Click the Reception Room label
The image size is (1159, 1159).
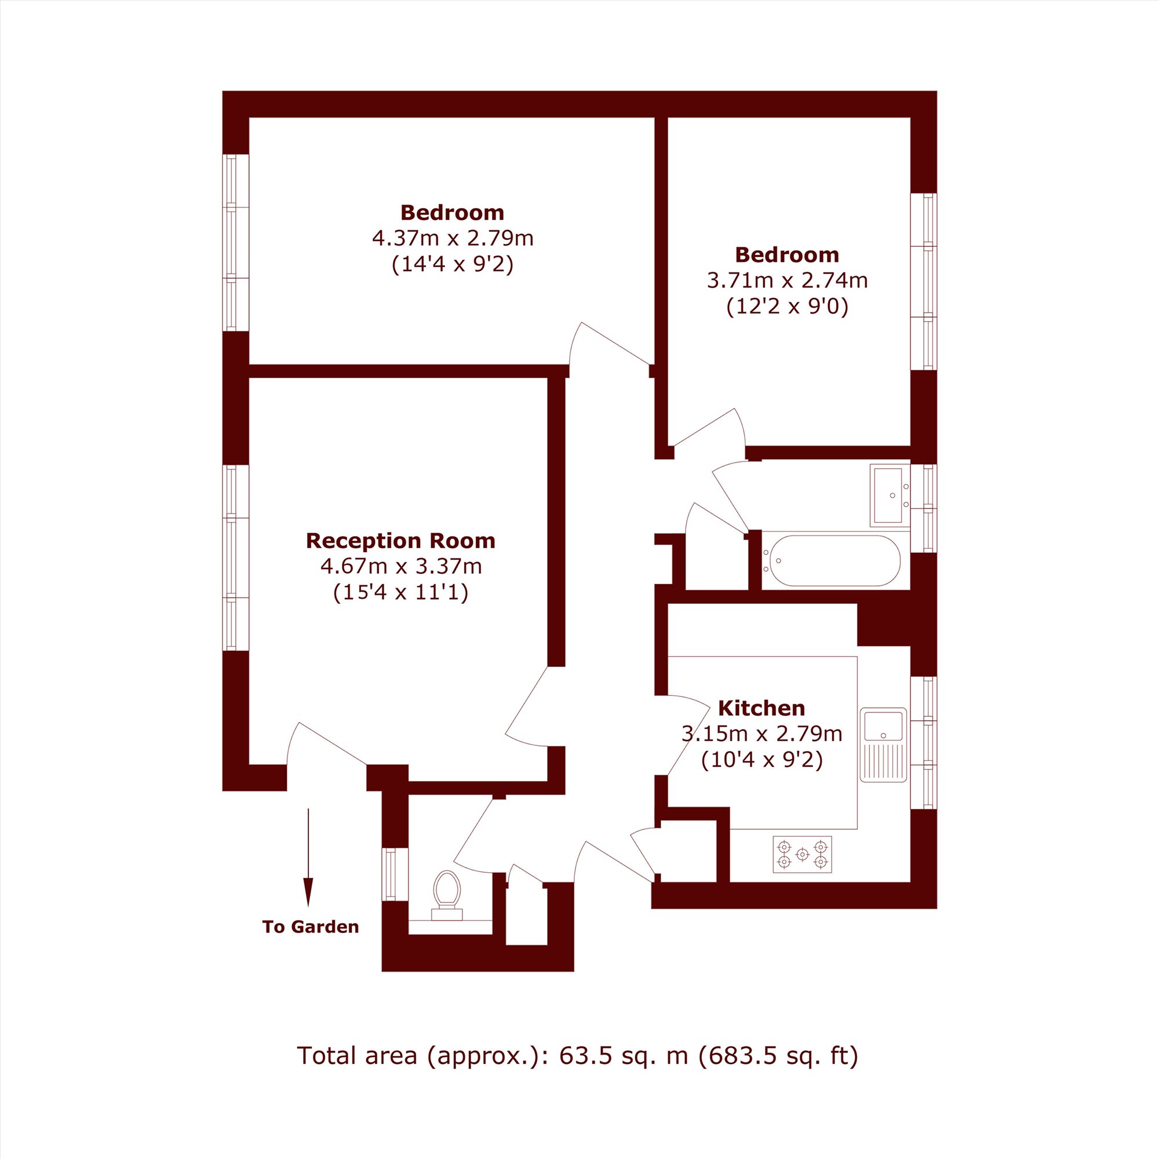[401, 541]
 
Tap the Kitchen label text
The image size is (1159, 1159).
[761, 709]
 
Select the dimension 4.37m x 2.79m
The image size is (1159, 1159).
[453, 239]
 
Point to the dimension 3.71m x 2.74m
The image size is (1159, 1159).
[787, 280]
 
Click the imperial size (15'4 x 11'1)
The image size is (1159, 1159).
[401, 593]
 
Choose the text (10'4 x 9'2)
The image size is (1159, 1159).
[761, 761]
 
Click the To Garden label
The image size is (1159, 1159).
[311, 927]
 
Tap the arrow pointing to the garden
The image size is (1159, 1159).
[308, 857]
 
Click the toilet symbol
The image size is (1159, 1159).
[447, 895]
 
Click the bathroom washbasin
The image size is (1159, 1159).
[890, 495]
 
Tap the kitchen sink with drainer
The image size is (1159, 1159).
[883, 745]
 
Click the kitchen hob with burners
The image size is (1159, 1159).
[802, 854]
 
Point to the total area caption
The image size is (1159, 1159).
[577, 1055]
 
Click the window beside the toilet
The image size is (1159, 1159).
[395, 874]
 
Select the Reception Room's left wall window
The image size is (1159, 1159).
[236, 558]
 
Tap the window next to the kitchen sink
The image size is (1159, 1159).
[924, 743]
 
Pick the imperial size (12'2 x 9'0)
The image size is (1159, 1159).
[787, 307]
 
